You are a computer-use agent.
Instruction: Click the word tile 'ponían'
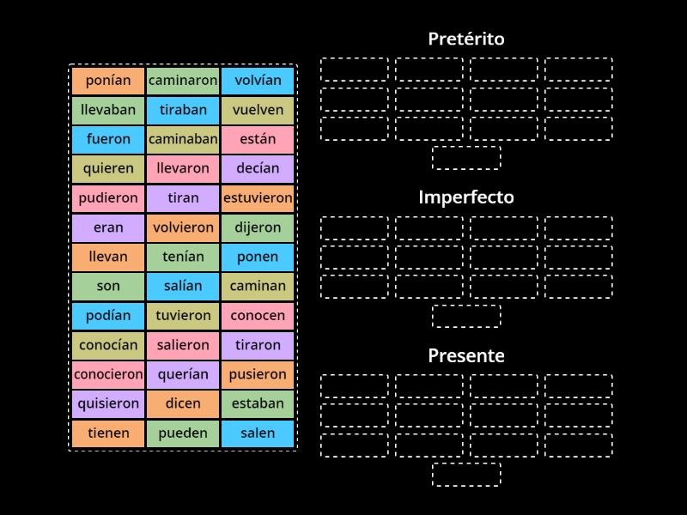click(108, 81)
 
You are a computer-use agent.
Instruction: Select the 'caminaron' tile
click(183, 81)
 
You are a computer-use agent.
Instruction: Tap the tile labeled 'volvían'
click(258, 81)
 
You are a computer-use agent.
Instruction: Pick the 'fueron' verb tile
click(108, 139)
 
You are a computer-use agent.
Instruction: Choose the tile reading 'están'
click(258, 139)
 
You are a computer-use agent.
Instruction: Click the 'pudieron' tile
click(108, 197)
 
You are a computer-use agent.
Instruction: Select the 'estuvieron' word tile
click(258, 197)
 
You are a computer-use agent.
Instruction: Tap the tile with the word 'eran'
click(108, 227)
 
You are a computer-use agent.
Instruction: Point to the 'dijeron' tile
click(258, 227)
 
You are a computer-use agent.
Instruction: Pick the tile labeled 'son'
click(108, 286)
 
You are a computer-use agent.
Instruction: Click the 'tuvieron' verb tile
click(183, 315)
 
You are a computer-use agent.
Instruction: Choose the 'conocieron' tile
click(108, 374)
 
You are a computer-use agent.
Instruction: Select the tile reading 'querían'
click(183, 374)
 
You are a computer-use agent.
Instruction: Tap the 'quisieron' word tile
click(108, 403)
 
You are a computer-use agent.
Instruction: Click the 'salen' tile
click(258, 433)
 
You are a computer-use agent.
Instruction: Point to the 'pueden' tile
click(183, 433)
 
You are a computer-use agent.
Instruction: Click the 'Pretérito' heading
click(466, 39)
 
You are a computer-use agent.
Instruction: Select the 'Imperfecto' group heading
click(466, 197)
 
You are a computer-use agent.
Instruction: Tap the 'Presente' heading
click(466, 355)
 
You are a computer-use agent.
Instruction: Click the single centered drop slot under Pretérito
click(466, 158)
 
